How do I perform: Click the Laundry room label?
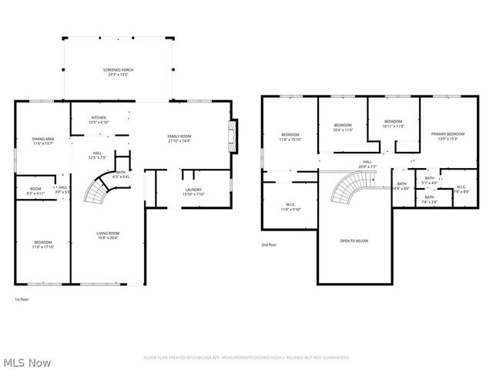(x=193, y=192)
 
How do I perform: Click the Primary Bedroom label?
(x=448, y=136)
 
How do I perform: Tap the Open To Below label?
(x=354, y=240)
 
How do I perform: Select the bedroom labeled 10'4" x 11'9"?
(x=342, y=127)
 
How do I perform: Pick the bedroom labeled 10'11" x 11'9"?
(x=393, y=123)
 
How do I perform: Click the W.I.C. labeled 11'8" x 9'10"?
(x=290, y=207)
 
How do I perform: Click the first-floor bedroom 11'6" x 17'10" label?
(x=43, y=244)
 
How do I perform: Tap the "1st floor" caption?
(x=22, y=299)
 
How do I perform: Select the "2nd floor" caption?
(x=268, y=244)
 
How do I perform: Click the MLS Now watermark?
(x=26, y=362)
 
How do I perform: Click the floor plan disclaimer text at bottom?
(x=246, y=358)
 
